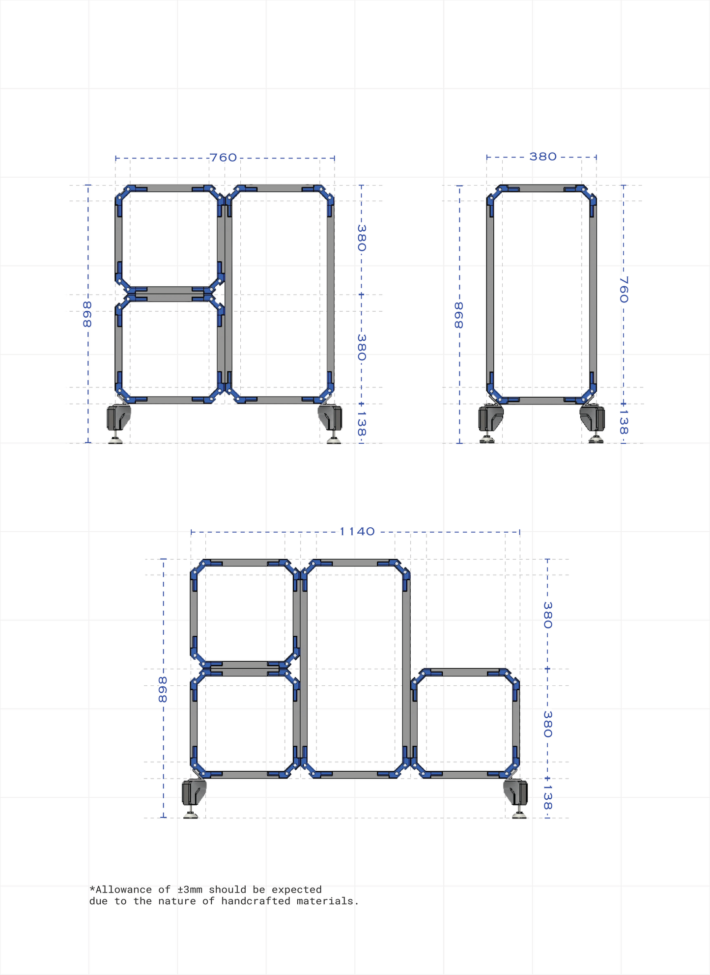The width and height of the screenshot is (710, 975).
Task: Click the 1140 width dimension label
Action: (x=357, y=532)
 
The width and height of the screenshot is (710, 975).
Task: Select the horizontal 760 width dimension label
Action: (x=224, y=158)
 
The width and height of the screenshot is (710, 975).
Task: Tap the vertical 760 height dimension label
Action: (x=624, y=289)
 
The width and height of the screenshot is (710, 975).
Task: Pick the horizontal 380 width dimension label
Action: (x=543, y=157)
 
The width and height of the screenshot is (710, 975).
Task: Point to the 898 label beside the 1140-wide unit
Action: (x=163, y=689)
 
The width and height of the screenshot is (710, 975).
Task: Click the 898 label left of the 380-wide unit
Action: (x=458, y=315)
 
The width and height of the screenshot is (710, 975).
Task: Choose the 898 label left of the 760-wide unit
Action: (x=87, y=314)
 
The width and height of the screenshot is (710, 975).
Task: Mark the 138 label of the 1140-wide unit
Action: (x=548, y=798)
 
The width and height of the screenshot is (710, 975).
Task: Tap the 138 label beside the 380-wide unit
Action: (x=624, y=422)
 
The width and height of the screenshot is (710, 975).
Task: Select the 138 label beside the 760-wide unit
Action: (x=362, y=423)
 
